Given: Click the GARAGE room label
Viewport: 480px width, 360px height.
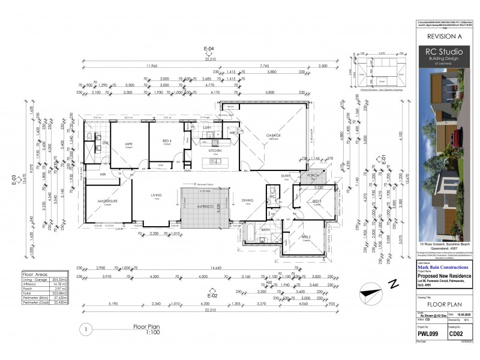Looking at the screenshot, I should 274,136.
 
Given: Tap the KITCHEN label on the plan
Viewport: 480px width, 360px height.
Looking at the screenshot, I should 215,151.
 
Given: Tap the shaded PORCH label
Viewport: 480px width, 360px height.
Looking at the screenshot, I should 312,176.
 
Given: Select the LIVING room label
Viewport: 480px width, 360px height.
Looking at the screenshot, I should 156,195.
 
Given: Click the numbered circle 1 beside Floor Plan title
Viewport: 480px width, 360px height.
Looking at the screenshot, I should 86,328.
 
